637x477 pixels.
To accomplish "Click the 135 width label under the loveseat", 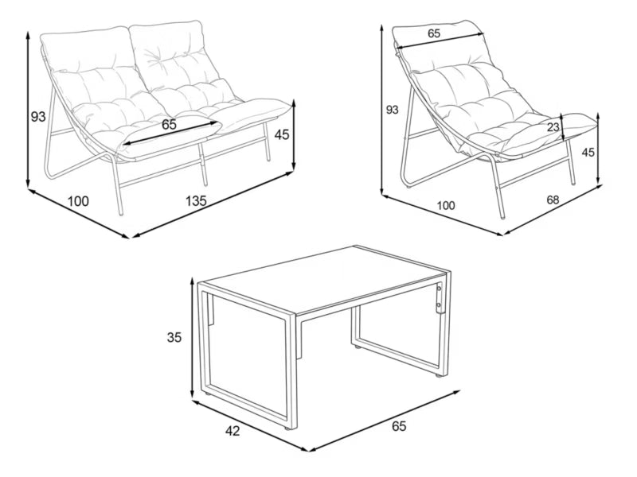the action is [196, 200].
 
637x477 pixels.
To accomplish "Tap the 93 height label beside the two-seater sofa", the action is [38, 117].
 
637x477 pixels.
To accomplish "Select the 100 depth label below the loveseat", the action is [78, 200].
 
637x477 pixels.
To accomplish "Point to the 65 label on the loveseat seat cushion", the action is [169, 125].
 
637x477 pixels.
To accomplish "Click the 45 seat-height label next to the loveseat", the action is [282, 134].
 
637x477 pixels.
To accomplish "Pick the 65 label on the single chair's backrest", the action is [434, 33].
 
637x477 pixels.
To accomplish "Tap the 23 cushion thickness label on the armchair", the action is [553, 127].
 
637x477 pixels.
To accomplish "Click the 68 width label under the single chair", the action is [553, 200].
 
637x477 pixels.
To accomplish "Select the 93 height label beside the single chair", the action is [392, 110].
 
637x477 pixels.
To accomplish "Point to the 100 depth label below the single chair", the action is [446, 206].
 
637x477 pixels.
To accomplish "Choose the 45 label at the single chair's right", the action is [588, 153].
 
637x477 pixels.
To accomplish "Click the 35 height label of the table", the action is [174, 337].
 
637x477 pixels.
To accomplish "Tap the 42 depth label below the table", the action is [233, 431].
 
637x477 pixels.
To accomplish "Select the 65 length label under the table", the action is [399, 426].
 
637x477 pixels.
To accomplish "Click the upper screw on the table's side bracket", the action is [439, 289].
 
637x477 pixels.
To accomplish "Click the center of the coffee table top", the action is [325, 280].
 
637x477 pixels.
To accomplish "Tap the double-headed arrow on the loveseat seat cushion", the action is [170, 132].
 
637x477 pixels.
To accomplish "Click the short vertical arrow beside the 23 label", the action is [563, 128].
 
